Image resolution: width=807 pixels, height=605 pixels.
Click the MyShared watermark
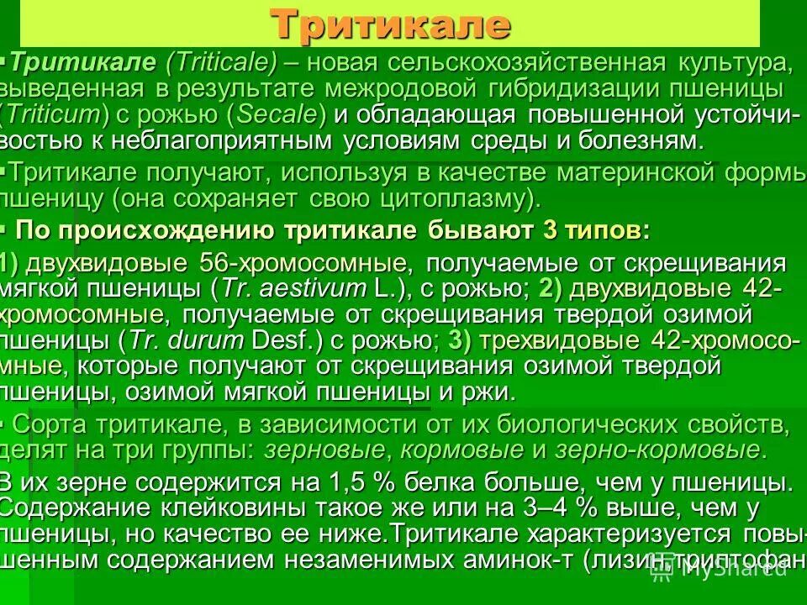point(722,571)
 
